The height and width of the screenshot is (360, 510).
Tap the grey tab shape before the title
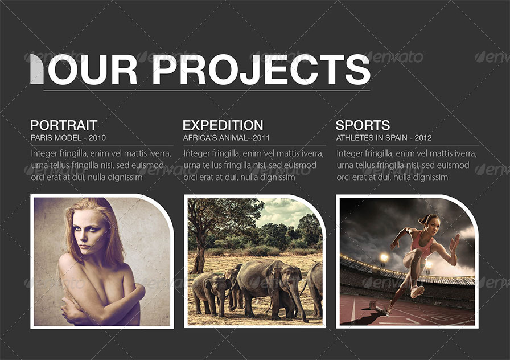(x=36, y=69)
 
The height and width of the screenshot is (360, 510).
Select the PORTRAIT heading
(x=64, y=125)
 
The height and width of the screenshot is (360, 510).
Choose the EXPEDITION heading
(x=223, y=125)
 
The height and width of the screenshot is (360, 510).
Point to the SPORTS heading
(x=363, y=125)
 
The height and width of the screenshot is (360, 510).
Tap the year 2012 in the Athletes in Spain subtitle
(x=423, y=138)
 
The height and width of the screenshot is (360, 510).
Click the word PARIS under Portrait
(x=42, y=138)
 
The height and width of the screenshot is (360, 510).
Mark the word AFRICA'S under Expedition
(x=200, y=138)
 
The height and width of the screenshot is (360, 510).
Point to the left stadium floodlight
(x=384, y=257)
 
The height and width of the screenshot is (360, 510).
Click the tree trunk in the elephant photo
(x=199, y=256)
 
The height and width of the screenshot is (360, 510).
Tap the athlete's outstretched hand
(x=454, y=242)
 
